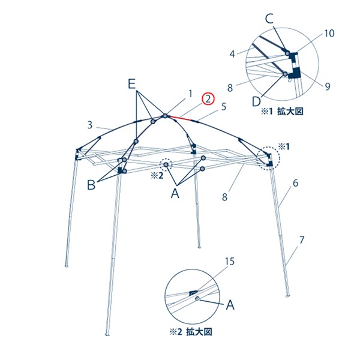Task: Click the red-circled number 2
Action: click(x=208, y=100)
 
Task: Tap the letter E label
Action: click(x=131, y=84)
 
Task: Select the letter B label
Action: click(x=91, y=185)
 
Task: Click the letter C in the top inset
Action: click(x=269, y=19)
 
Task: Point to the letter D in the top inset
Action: click(x=256, y=101)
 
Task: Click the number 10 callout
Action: click(x=329, y=34)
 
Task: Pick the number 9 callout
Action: click(x=328, y=86)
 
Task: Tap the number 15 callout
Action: click(x=230, y=261)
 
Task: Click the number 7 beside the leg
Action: click(x=302, y=240)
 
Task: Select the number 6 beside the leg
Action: click(x=295, y=183)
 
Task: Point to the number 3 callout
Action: click(x=90, y=125)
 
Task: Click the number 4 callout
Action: click(x=232, y=54)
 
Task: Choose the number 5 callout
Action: click(x=224, y=107)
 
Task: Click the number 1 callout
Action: click(x=190, y=94)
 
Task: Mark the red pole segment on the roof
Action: click(x=181, y=118)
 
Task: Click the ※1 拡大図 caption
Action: click(x=282, y=112)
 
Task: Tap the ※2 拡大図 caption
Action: click(x=191, y=332)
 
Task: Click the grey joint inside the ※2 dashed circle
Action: click(x=166, y=164)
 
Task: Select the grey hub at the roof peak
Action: click(x=165, y=116)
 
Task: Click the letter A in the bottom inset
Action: click(x=230, y=305)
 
